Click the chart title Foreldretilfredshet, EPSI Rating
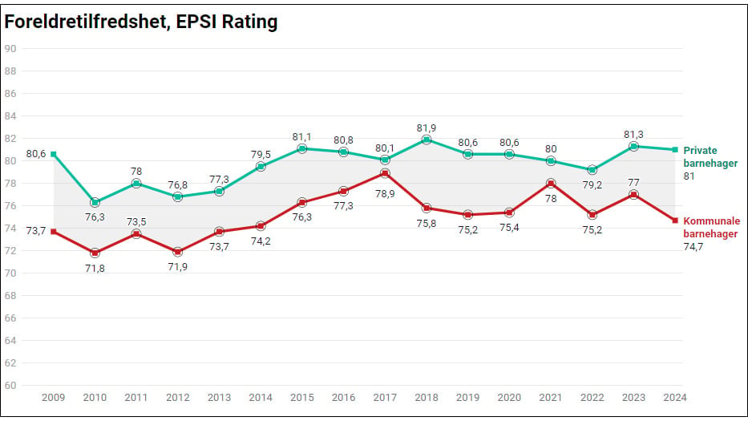pyautogui.click(x=141, y=22)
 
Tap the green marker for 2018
pyautogui.click(x=427, y=140)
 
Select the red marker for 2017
pyautogui.click(x=385, y=173)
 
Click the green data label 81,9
pyautogui.click(x=427, y=128)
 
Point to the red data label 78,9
pyautogui.click(x=385, y=194)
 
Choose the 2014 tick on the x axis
pyautogui.click(x=261, y=397)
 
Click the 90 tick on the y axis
pyautogui.click(x=10, y=49)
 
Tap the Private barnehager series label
pyautogui.click(x=710, y=156)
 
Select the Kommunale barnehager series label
pyautogui.click(x=711, y=227)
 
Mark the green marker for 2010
pyautogui.click(x=95, y=203)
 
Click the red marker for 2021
pyautogui.click(x=551, y=184)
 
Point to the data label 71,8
pyautogui.click(x=95, y=269)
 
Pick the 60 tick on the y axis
pyautogui.click(x=10, y=385)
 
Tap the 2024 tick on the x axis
pyautogui.click(x=675, y=397)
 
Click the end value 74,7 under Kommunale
pyautogui.click(x=693, y=247)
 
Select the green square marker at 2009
pyautogui.click(x=54, y=154)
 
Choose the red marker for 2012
pyautogui.click(x=177, y=252)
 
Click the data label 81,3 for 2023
pyautogui.click(x=633, y=135)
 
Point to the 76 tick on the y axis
pyautogui.click(x=10, y=206)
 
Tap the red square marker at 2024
pyautogui.click(x=675, y=221)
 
